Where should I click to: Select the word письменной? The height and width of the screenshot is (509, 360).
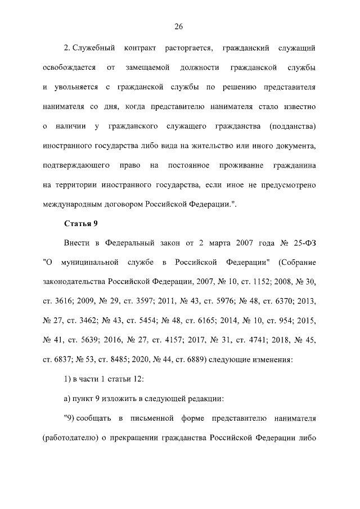pos(152,418)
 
